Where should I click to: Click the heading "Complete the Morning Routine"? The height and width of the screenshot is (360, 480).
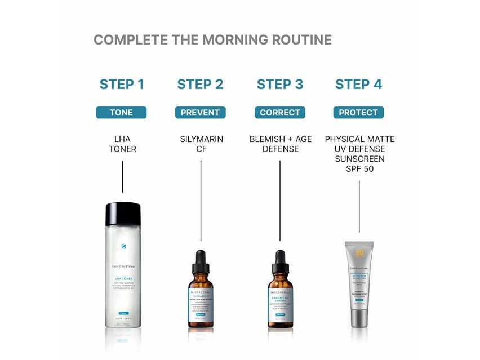(x=212, y=40)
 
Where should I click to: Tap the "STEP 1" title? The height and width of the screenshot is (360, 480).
(x=122, y=85)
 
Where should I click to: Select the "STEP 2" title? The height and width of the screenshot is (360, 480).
(x=200, y=85)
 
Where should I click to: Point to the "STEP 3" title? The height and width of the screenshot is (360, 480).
(x=280, y=85)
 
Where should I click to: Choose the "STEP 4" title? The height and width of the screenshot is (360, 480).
(x=358, y=85)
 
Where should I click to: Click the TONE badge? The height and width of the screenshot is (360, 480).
(x=121, y=113)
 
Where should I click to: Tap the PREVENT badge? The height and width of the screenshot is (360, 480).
(x=200, y=113)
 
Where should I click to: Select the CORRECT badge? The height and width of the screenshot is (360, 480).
(x=280, y=113)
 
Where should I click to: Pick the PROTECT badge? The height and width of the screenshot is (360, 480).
(x=358, y=113)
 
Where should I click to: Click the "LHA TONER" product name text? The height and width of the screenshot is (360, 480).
(x=122, y=144)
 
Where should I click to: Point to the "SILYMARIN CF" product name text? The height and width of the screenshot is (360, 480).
(x=201, y=144)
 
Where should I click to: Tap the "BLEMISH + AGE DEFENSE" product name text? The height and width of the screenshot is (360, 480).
(x=280, y=144)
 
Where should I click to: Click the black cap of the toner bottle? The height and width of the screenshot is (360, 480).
(x=122, y=214)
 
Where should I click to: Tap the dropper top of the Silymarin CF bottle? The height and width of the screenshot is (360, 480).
(x=201, y=261)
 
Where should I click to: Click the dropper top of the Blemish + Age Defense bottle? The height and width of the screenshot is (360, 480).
(x=280, y=261)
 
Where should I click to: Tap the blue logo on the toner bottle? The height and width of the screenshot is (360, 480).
(x=123, y=246)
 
